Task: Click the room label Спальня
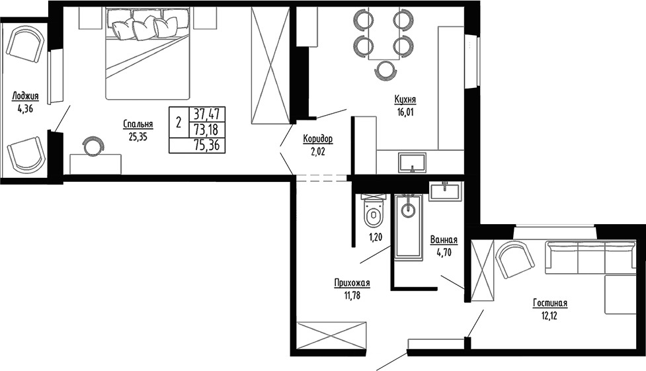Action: click(138, 124)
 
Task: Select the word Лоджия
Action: click(24, 97)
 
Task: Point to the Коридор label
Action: click(317, 139)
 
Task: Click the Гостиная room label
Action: click(550, 304)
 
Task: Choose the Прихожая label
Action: click(351, 283)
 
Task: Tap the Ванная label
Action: click(444, 240)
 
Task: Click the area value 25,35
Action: click(138, 137)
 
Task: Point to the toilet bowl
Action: click(373, 214)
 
